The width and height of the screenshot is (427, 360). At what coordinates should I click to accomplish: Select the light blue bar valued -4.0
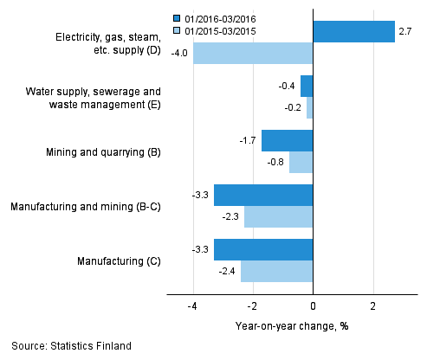(x=252, y=54)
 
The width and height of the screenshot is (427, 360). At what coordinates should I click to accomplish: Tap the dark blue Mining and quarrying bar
(x=287, y=141)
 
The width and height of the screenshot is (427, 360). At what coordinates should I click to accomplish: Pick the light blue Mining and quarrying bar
(x=301, y=162)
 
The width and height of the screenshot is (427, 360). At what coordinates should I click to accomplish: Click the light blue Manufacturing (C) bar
(x=276, y=271)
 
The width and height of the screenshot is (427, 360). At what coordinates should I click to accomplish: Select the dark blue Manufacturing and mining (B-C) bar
(x=263, y=196)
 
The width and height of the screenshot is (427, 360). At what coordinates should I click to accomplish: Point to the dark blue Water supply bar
(x=307, y=87)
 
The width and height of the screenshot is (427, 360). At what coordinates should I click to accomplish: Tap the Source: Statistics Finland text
(x=72, y=346)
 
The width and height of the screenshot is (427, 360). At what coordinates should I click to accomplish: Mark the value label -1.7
(x=248, y=139)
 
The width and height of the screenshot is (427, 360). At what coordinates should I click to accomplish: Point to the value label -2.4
(x=228, y=272)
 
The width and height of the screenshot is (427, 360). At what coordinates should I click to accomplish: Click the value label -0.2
(x=294, y=108)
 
